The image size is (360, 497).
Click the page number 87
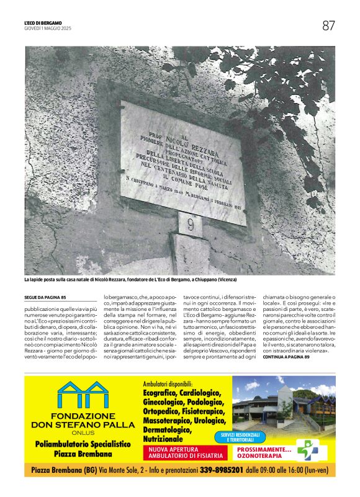[328, 25]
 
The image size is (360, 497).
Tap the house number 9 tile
[190, 224]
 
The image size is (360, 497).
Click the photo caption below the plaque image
[130, 280]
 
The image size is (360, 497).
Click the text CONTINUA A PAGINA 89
[286, 357]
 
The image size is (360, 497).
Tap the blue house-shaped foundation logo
[83, 395]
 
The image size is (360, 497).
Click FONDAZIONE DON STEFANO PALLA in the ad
[83, 420]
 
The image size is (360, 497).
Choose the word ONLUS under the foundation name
[83, 433]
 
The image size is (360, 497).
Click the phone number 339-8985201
[221, 470]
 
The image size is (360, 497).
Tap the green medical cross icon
[308, 449]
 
